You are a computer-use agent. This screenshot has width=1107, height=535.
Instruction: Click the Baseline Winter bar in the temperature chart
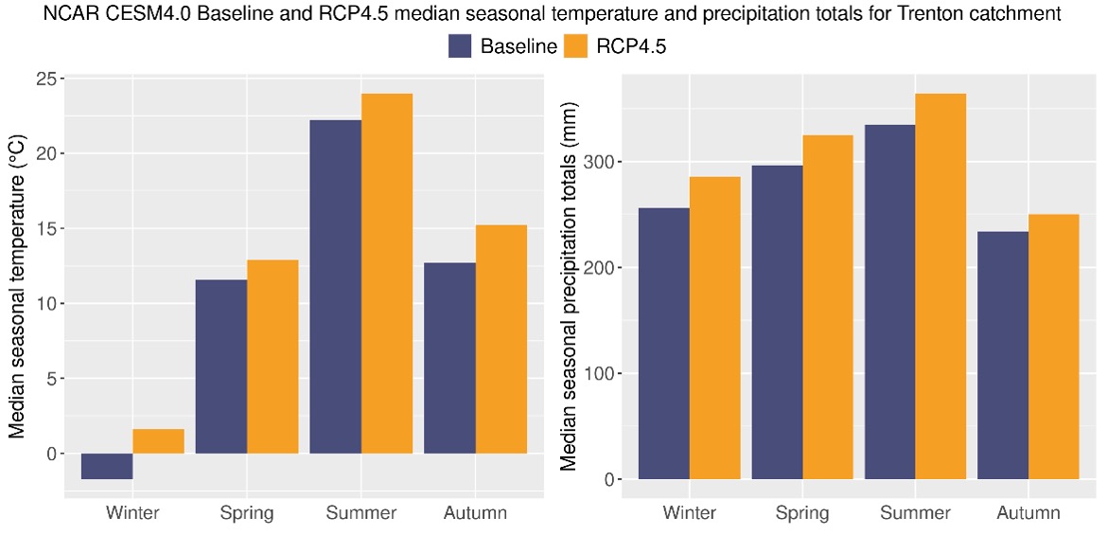click(107, 466)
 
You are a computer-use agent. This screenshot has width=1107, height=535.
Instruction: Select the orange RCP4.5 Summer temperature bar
click(387, 274)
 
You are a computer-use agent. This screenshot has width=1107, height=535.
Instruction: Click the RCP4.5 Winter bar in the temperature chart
click(158, 441)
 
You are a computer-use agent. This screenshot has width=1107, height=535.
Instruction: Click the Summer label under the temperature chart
click(360, 513)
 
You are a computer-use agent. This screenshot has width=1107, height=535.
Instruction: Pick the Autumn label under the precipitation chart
click(1028, 513)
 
